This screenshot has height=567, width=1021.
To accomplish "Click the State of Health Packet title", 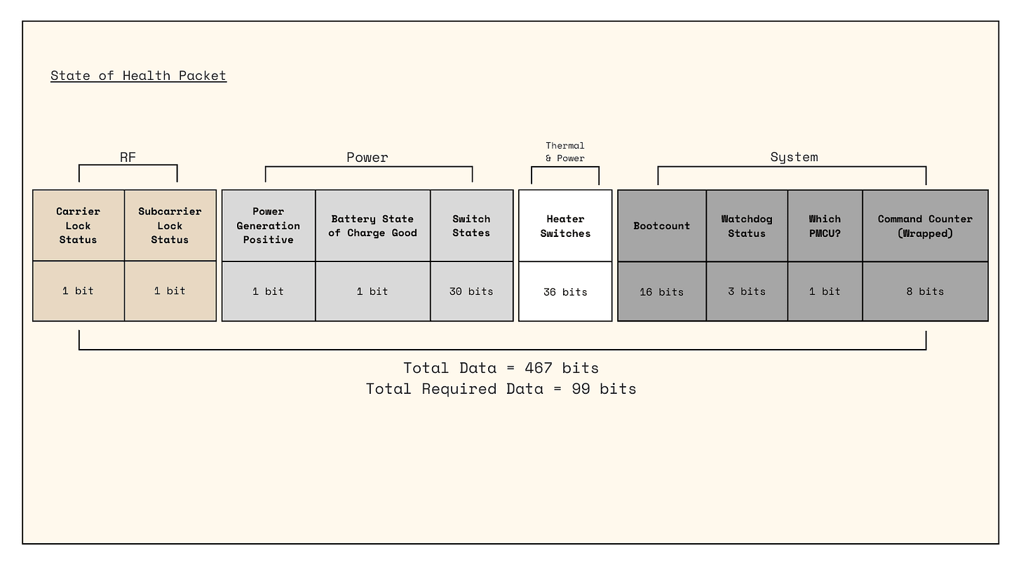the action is pos(138,76).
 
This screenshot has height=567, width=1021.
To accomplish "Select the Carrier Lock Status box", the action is pos(79,226).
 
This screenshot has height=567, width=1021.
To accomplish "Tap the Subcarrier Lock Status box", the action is pos(170,226).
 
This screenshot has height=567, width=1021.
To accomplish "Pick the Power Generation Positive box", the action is pos(269,226).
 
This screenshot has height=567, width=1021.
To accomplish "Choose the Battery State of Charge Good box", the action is pos(373,226).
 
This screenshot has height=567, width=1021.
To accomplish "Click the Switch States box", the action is pos(471,226).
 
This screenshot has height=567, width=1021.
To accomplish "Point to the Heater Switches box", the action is pos(565,226).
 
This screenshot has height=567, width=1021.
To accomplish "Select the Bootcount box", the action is pos(662,226).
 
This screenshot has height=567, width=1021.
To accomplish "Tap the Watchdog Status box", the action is pos(747,226).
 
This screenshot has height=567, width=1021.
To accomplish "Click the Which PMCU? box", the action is pos(825,226).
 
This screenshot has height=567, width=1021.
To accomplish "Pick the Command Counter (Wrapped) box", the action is pos(925,226).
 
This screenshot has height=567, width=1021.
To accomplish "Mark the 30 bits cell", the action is pos(471,292).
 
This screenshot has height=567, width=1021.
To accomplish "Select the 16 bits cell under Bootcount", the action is pos(662,292).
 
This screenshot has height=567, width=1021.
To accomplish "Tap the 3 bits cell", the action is pos(747,292).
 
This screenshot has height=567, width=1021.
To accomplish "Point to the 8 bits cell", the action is pos(925,292).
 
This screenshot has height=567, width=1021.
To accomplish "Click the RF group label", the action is pos(128,157).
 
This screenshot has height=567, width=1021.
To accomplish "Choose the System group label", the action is pos(794,157).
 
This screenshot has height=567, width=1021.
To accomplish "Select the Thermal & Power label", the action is pos(565,152).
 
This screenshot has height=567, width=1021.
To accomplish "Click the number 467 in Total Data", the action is pos(538,368).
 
